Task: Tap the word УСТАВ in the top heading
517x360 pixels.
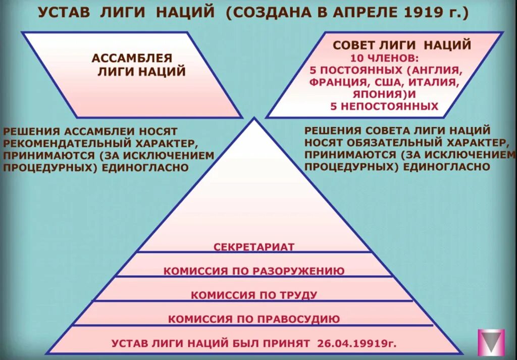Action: (x=65, y=12)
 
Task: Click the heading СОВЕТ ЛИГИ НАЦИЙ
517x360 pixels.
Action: (x=401, y=45)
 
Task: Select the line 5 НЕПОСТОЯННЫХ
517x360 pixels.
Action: (x=384, y=106)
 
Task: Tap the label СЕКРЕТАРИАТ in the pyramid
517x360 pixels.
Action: (x=253, y=247)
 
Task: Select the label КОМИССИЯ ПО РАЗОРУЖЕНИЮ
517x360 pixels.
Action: (x=253, y=271)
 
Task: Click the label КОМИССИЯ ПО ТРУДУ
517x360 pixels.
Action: (x=253, y=295)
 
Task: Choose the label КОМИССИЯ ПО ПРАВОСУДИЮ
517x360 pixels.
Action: (x=253, y=319)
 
